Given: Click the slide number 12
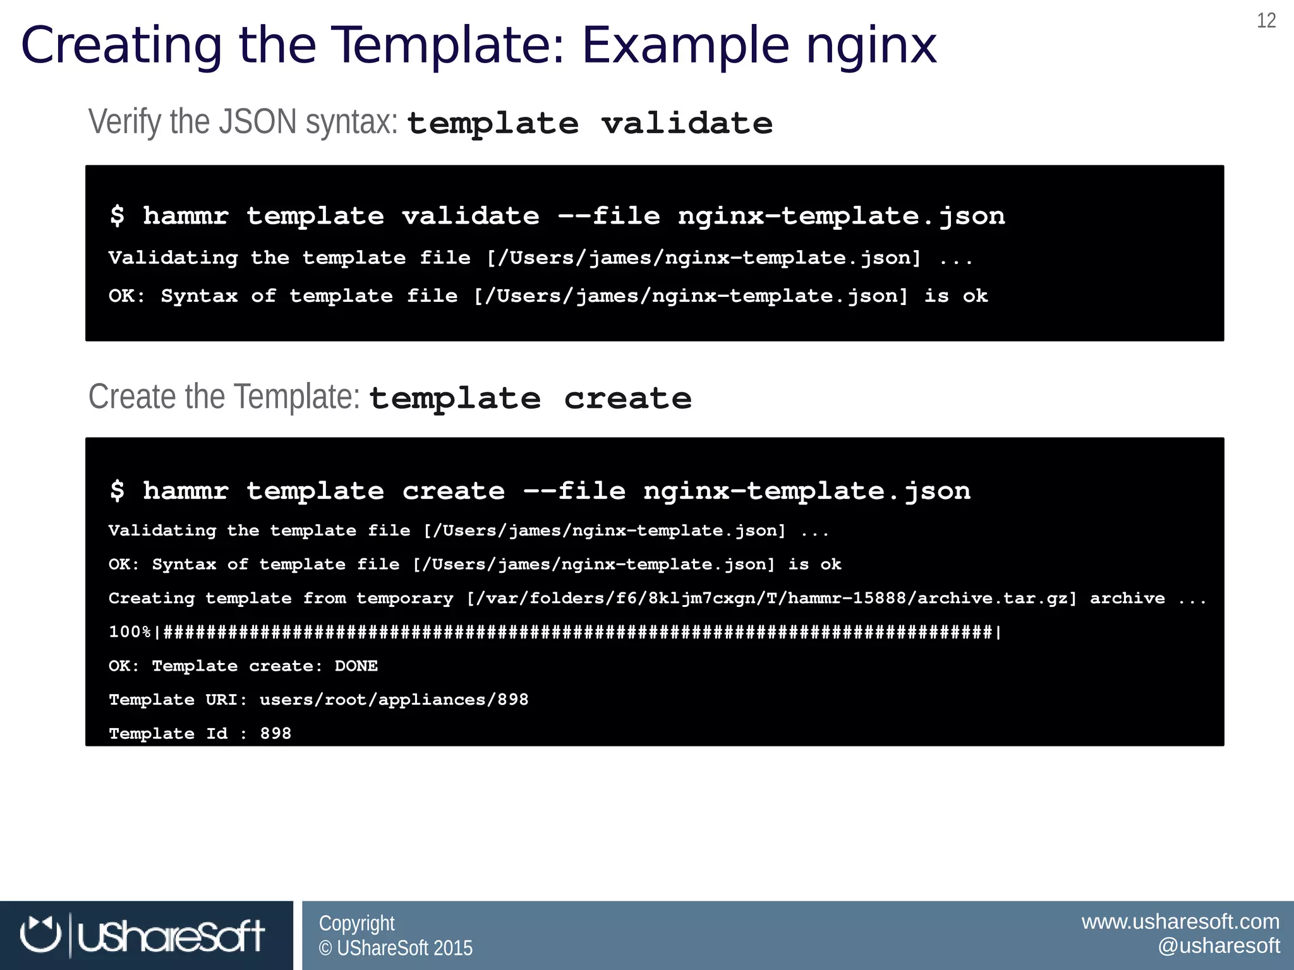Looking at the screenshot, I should point(1266,21).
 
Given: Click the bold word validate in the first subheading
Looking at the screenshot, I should point(687,123).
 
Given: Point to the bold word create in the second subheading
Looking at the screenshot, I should point(627,398).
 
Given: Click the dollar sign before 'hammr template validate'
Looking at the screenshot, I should point(118,216).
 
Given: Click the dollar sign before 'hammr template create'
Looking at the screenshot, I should point(118,491).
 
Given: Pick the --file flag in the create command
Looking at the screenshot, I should point(574,491).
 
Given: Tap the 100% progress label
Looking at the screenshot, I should point(130,632).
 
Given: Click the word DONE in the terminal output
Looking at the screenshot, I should point(356,666).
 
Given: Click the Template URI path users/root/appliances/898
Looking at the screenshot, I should point(394,700).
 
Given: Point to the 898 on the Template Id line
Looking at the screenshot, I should point(276,734).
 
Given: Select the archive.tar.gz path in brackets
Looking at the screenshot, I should point(771,598).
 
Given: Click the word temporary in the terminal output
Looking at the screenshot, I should point(405,598).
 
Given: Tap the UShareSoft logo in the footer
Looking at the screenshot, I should point(143,935).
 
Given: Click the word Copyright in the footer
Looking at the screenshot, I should point(356,923).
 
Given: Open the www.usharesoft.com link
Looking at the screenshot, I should point(1180,922).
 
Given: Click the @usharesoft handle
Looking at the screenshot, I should point(1218,946).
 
